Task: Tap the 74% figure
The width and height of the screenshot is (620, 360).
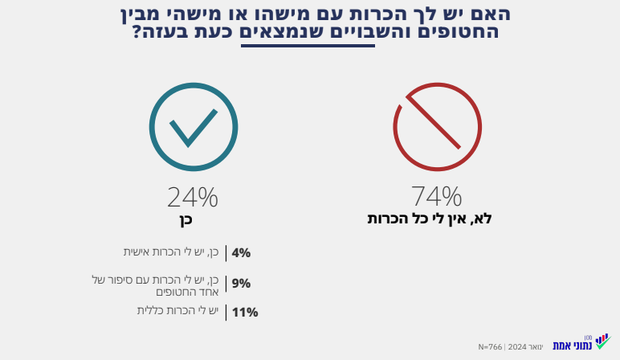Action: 436,196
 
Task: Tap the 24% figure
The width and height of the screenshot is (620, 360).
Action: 193,197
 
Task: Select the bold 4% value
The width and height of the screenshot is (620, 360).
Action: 241,253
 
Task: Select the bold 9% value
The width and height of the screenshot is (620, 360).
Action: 241,283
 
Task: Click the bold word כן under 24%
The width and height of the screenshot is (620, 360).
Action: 186,219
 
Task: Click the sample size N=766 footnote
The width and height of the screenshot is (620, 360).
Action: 490,346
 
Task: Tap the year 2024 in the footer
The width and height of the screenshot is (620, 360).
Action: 518,346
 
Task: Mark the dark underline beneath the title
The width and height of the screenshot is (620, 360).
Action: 308,46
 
